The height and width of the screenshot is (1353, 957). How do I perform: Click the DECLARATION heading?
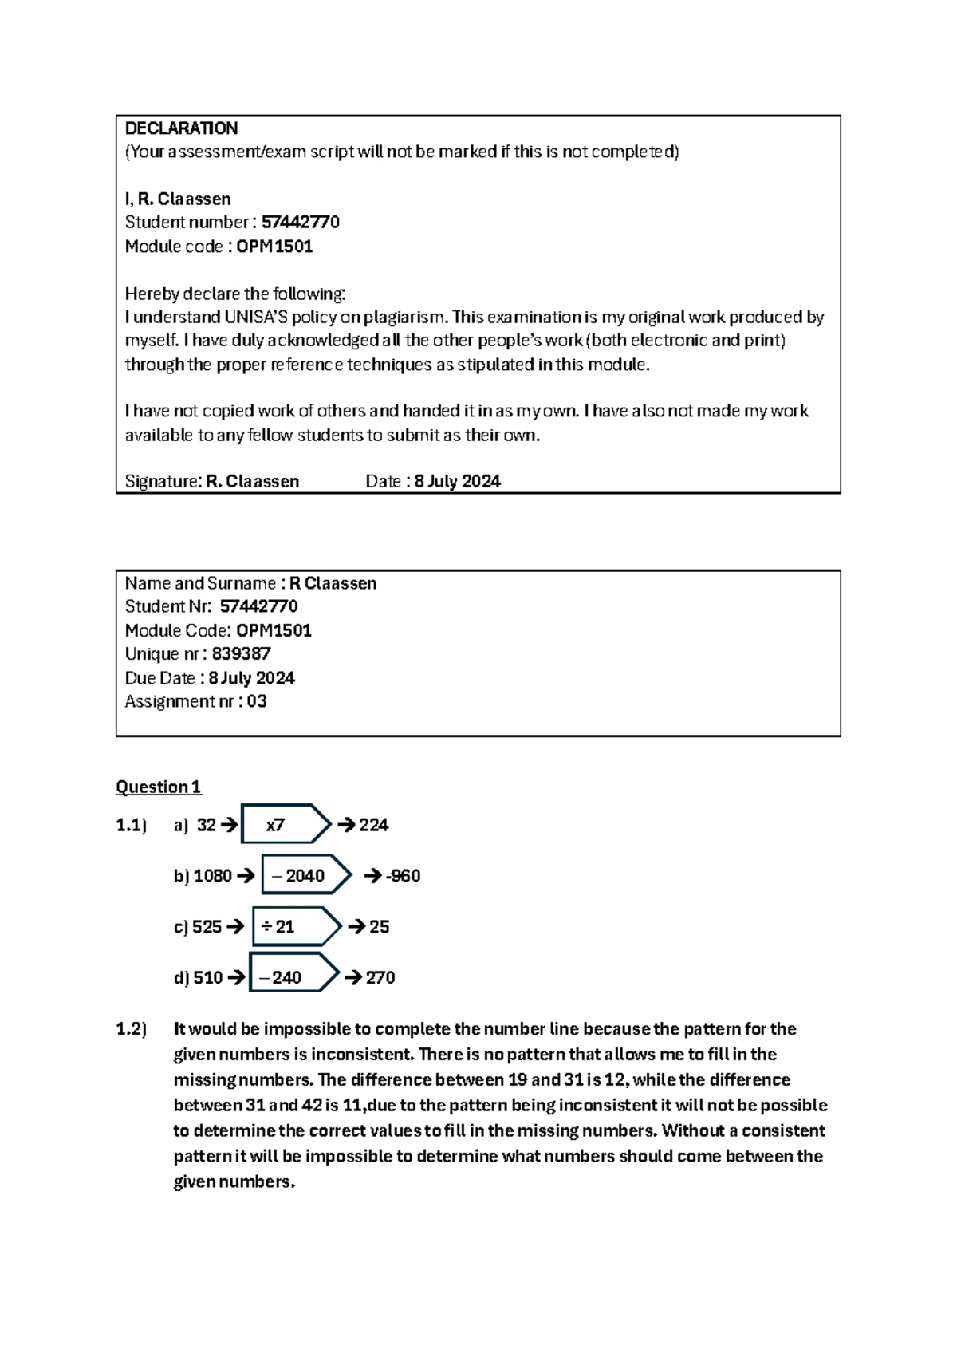181,128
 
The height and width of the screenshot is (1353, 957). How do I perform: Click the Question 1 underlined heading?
158,787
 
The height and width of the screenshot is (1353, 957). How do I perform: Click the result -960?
403,876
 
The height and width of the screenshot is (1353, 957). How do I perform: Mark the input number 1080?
212,876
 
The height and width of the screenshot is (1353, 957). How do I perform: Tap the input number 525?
207,927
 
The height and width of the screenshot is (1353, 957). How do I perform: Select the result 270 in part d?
380,978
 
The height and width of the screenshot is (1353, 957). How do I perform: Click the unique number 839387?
241,654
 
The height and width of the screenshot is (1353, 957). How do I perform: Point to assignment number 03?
257,702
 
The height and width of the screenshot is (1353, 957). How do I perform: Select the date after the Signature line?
457,482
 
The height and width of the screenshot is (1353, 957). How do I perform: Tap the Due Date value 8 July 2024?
251,678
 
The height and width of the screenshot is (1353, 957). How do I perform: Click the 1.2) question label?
132,1029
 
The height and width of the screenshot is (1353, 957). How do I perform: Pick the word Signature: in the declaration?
163,482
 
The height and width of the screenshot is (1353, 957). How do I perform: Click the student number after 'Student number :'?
301,223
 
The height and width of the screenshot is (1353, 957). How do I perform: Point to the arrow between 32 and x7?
229,826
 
